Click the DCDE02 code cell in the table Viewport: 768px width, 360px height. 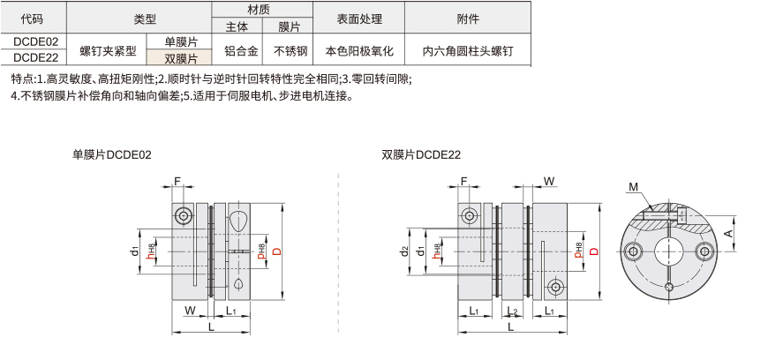[33, 41]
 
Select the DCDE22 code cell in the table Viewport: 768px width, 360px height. [33, 58]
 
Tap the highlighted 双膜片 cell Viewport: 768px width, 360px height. [179, 58]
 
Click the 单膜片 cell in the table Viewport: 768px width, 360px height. [179, 41]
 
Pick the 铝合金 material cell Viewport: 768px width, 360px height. [237, 49]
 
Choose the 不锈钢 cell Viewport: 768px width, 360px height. [288, 49]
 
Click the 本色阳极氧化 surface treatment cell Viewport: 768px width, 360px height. [359, 49]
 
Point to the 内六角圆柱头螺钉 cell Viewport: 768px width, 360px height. [468, 49]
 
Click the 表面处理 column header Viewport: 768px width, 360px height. [359, 18]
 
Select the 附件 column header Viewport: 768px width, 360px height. [468, 18]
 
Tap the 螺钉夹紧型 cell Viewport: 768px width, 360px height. [106, 49]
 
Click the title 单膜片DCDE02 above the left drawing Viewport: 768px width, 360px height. [112, 154]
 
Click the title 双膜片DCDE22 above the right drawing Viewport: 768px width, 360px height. [421, 154]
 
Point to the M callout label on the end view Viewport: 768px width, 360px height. [633, 186]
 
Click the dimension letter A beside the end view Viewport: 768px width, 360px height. [729, 233]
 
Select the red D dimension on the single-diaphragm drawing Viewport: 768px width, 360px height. [276, 251]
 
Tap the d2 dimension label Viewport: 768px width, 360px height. [404, 251]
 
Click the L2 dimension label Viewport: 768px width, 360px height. [512, 311]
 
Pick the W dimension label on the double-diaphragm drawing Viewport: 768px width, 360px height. [549, 181]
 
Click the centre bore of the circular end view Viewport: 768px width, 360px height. [669, 251]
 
